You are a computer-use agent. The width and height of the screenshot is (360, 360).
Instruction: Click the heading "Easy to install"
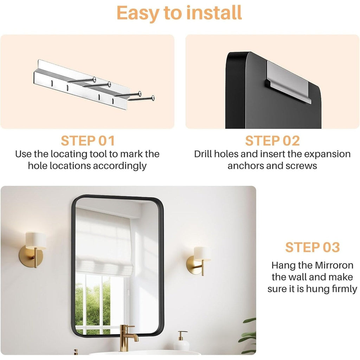click(x=179, y=13)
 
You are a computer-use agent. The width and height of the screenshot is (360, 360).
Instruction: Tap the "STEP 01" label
click(x=88, y=141)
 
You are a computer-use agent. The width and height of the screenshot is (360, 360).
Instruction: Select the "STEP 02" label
click(x=272, y=141)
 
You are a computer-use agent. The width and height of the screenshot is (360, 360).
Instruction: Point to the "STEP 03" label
click(x=312, y=247)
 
